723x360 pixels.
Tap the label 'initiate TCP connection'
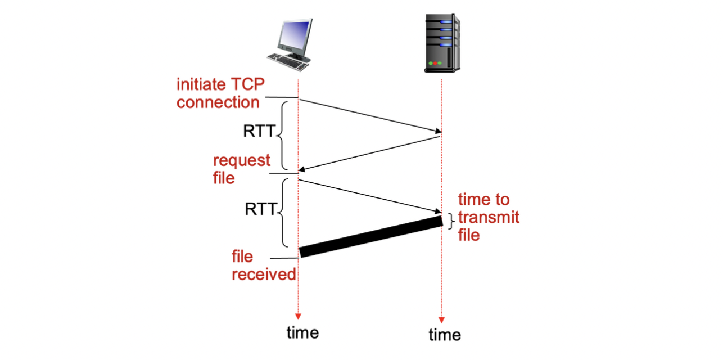220,93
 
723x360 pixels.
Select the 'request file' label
242,169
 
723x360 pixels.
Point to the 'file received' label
263,265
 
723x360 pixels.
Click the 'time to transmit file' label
489,217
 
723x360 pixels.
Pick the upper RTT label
259,132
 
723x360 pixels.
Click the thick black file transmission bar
371,236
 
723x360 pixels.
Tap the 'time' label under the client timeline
302,332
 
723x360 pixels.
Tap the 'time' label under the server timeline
445,335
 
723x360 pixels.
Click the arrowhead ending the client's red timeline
299,316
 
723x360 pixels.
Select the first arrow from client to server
370,115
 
